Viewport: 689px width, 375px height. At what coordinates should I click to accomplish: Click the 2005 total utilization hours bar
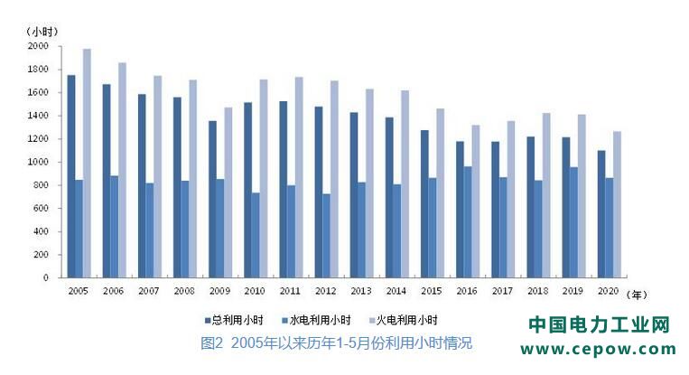pyautogui.click(x=71, y=176)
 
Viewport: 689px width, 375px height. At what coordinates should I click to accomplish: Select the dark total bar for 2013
pyautogui.click(x=354, y=195)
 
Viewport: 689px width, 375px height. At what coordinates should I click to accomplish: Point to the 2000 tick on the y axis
pyautogui.click(x=37, y=46)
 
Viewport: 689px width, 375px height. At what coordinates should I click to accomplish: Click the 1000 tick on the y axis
pyautogui.click(x=37, y=162)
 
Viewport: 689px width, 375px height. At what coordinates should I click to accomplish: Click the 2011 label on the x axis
pyautogui.click(x=291, y=292)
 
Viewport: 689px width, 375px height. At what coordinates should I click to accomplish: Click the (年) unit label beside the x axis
pyautogui.click(x=637, y=294)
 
